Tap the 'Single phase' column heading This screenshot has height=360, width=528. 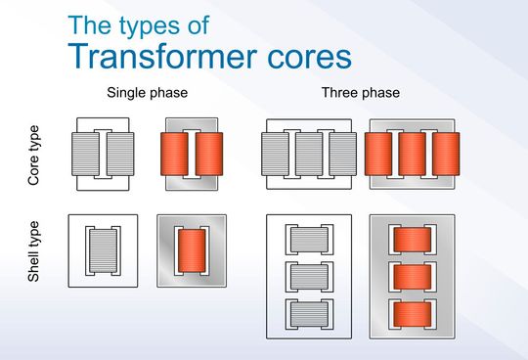[x=148, y=95]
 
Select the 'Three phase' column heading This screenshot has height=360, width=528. [x=359, y=95]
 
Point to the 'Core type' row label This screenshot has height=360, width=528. [x=35, y=156]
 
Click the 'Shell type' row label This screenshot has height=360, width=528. [x=35, y=251]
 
